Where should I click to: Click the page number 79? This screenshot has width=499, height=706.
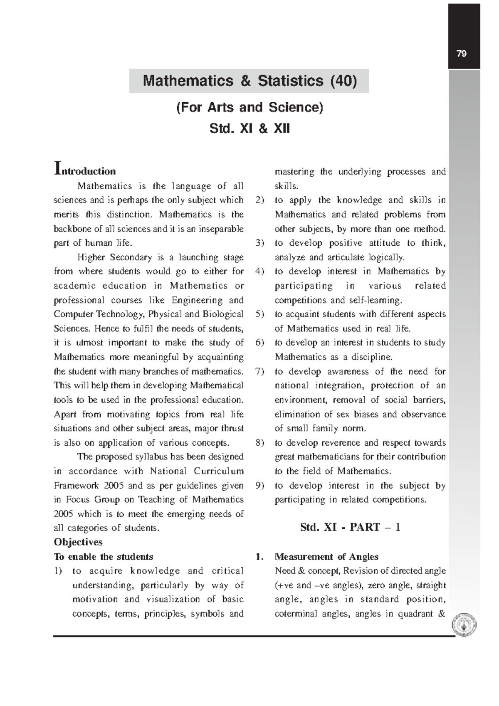(462, 54)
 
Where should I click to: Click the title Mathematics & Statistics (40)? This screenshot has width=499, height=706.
(249, 81)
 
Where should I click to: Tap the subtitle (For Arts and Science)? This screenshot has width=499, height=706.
(249, 107)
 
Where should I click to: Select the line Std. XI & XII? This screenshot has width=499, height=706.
(249, 128)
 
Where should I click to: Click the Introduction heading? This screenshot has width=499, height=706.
(85, 170)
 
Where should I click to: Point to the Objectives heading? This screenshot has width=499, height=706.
(78, 542)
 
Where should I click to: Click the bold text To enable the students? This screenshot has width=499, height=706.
(104, 557)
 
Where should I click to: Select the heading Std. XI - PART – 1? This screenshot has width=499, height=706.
(350, 528)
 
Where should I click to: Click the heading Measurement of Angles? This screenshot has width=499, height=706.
(326, 557)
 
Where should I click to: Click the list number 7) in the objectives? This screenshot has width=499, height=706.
(260, 371)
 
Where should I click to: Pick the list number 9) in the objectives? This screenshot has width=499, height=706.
(260, 486)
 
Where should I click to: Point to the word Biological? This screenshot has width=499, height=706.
(223, 314)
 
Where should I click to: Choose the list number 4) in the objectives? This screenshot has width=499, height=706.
(260, 272)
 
